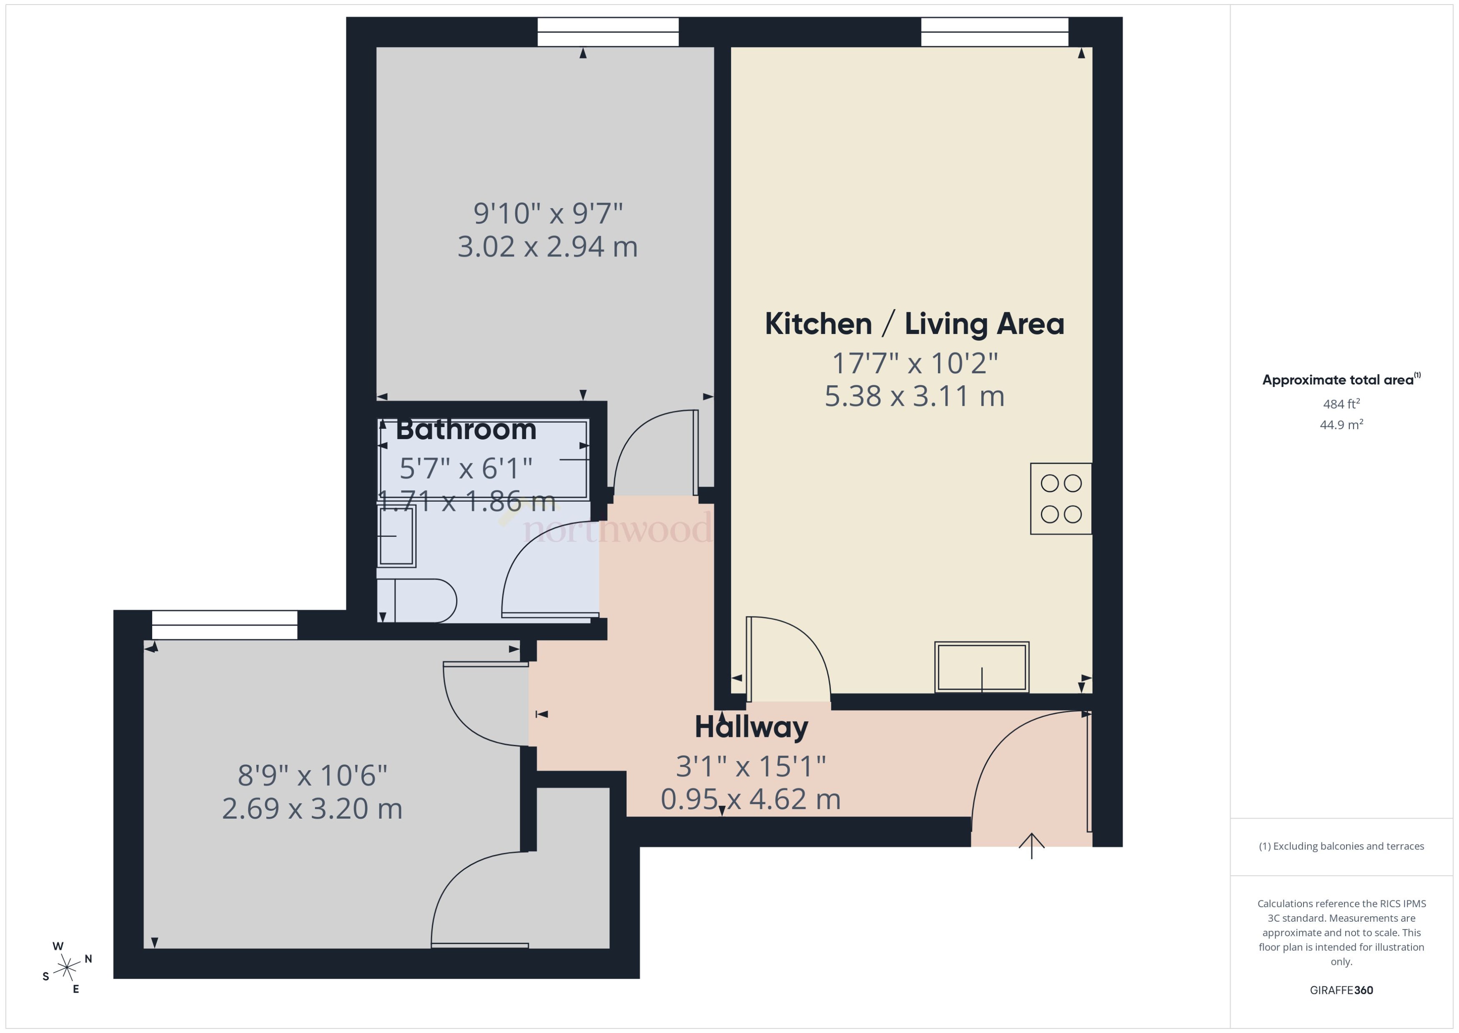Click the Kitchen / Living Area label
click(x=914, y=324)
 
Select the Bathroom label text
click(x=466, y=430)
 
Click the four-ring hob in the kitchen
click(x=1060, y=499)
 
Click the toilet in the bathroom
click(x=423, y=601)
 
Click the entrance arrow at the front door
click(x=1031, y=846)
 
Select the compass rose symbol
click(x=67, y=968)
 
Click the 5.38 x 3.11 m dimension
click(x=914, y=396)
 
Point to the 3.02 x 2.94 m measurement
click(x=547, y=247)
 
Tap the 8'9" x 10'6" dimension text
click(x=312, y=775)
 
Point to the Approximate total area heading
click(x=1340, y=380)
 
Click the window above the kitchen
click(x=994, y=32)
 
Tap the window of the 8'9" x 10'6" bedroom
click(x=224, y=625)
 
